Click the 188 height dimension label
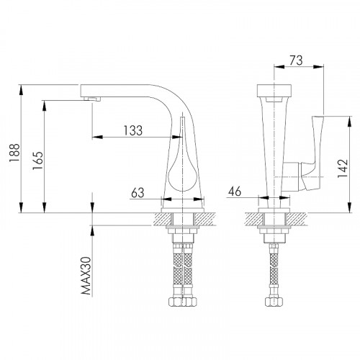pos(14,153)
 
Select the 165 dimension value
pos(38,161)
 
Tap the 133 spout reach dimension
pos(133,130)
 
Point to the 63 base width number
pos(138,193)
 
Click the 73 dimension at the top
pos(296,60)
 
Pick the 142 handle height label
pos(343,168)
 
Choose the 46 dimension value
pos(235,192)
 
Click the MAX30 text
pos(86,276)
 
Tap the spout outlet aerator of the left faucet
pos(92,99)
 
